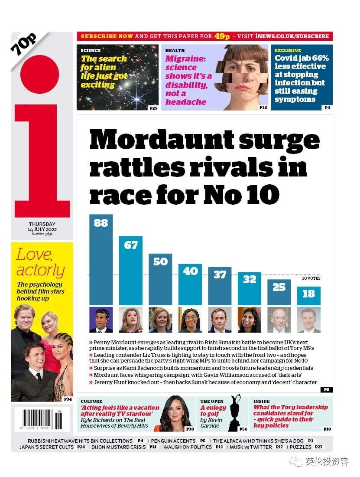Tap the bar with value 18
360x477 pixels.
pos(308,296)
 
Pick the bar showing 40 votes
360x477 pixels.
pos(190,284)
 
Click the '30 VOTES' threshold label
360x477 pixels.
pos(311,278)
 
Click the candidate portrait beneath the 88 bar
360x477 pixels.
pos(101,320)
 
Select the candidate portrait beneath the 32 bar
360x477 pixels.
pos(250,320)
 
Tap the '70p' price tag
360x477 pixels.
pos(24,44)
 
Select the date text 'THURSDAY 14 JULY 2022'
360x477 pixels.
pos(42,227)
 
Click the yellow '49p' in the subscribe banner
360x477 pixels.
pos(222,36)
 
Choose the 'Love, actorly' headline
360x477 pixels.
pos(40,262)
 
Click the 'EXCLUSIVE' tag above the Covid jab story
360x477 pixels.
pos(288,51)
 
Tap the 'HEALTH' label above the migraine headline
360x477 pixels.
pos(175,51)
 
